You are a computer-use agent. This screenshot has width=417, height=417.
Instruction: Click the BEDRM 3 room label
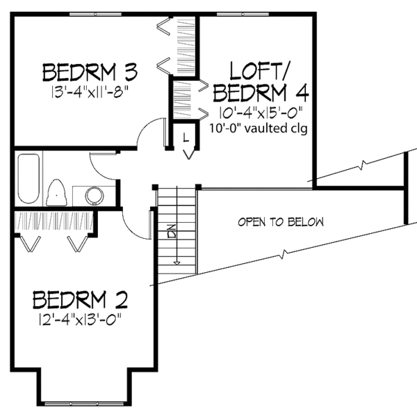point(89,72)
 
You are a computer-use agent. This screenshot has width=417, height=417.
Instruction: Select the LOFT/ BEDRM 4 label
point(261,81)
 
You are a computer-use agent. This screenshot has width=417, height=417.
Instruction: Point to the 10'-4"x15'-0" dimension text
point(259,112)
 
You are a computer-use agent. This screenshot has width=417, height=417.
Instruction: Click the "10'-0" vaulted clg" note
point(259,128)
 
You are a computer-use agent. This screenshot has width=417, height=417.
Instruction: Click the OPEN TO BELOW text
point(281,223)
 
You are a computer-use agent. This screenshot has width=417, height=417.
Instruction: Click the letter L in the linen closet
point(186,136)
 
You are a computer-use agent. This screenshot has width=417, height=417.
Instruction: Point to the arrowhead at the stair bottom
point(177,262)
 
